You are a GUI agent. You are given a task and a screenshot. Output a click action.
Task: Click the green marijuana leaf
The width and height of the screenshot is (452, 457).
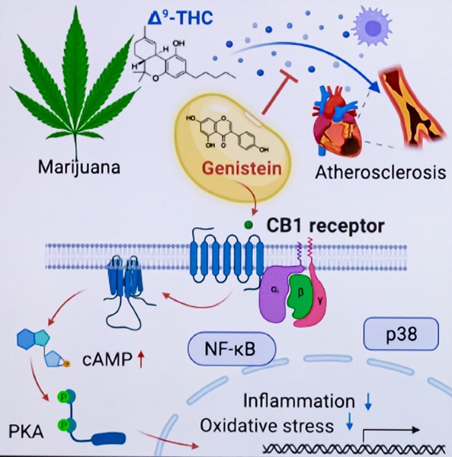76,84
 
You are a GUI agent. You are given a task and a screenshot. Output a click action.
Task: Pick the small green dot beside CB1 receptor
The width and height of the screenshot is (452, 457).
248,225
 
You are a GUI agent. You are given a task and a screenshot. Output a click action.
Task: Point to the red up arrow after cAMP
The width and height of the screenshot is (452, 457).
140,356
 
